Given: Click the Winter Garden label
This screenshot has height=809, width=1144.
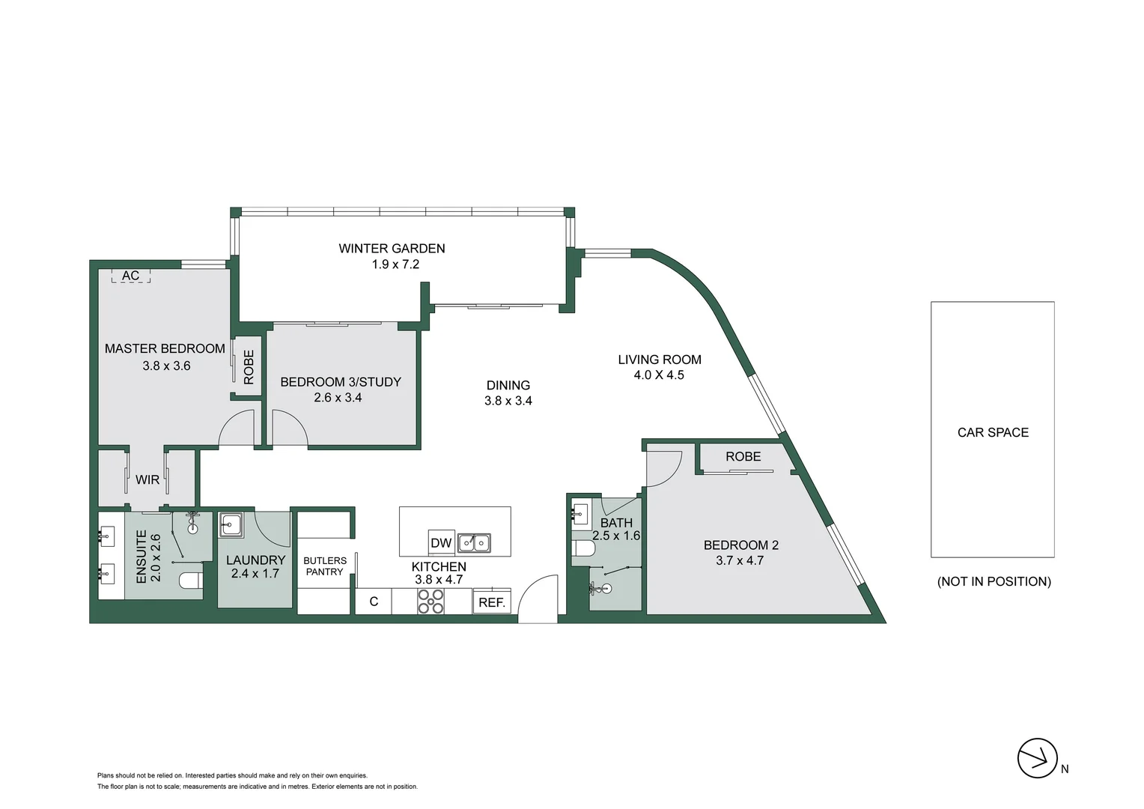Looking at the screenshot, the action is coord(392,249).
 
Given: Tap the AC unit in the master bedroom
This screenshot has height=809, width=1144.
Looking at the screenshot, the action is coord(131,276).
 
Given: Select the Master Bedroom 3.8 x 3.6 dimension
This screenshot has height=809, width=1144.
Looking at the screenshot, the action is coord(166,366).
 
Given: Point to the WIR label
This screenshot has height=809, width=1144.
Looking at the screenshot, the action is coord(147,480).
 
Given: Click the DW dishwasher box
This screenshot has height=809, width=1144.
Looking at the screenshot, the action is coord(441,543).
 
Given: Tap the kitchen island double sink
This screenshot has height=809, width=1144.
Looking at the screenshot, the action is coord(475,543).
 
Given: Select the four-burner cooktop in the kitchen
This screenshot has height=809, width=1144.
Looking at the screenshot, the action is coord(431,601).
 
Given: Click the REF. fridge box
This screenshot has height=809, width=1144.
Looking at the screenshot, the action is coord(492,602).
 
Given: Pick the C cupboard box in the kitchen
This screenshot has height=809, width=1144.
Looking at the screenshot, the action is coord(374,602).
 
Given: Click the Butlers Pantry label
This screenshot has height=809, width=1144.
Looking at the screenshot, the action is coord(325,566).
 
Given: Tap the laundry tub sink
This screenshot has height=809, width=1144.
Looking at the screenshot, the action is coord(231,525).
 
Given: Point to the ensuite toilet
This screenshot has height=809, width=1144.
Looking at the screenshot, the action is coord(191,581).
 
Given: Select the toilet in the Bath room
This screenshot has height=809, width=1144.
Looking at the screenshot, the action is coord(583,549).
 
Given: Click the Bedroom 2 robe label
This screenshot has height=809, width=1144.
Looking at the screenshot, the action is coord(743,456).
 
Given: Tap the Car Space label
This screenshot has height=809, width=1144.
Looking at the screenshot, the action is coord(993,432).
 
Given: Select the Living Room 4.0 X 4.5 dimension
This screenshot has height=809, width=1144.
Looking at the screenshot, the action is coord(659,375).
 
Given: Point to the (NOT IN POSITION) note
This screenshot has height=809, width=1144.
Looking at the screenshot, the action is coord(994,581).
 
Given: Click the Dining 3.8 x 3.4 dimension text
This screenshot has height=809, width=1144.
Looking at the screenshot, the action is coord(508,401).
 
